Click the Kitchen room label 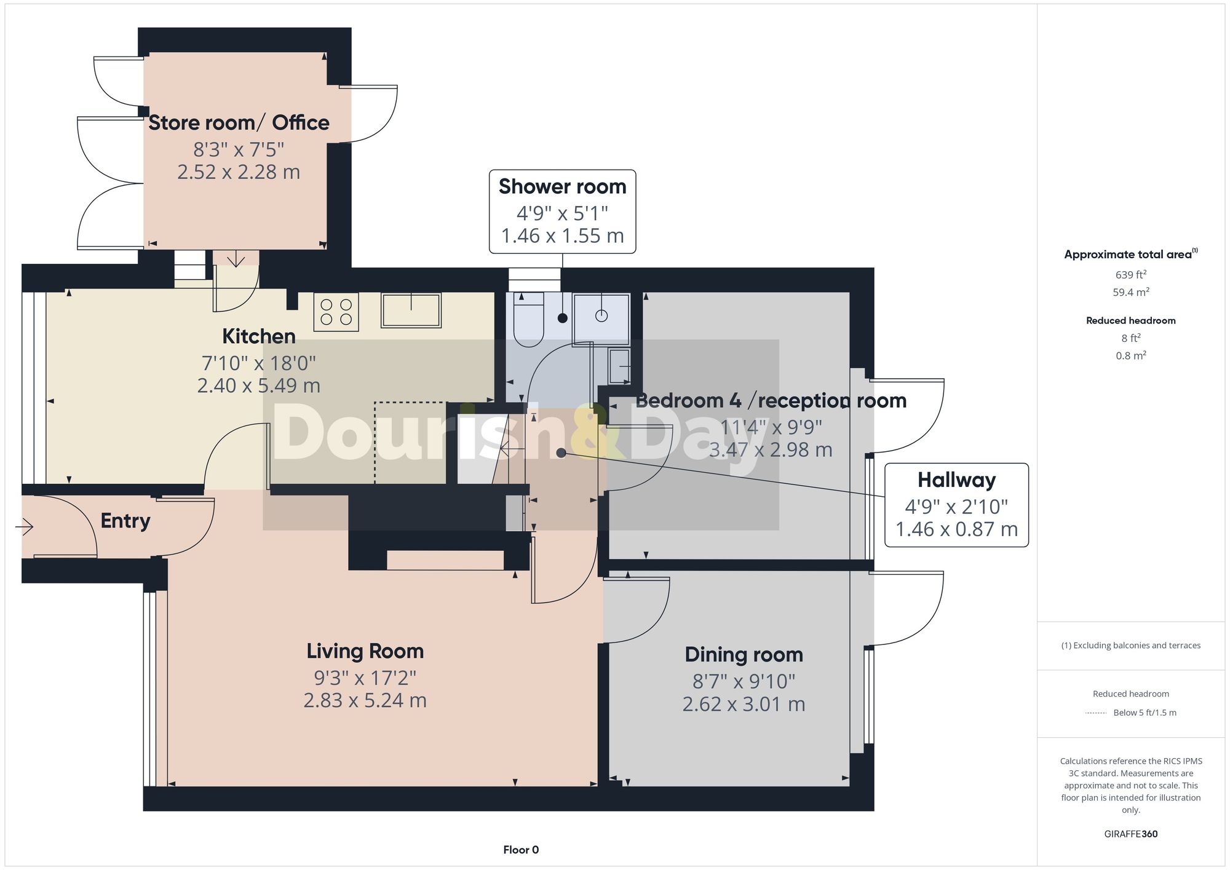[x=258, y=336]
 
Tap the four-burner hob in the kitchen [x=336, y=312]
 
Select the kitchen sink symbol [x=411, y=310]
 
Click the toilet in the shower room [x=528, y=320]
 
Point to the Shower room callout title [x=562, y=187]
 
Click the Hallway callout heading [x=956, y=480]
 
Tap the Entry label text [x=125, y=521]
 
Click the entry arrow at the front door [x=25, y=527]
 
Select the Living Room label [x=365, y=651]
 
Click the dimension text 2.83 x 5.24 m [x=365, y=700]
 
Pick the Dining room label [x=744, y=655]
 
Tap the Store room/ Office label [x=239, y=123]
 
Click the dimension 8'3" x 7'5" [x=239, y=149]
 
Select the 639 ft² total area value [x=1130, y=275]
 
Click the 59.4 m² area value [x=1130, y=292]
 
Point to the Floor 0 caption [x=520, y=850]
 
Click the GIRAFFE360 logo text [x=1130, y=834]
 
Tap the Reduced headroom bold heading [x=1130, y=320]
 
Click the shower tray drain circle [x=601, y=315]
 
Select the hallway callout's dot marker [x=561, y=453]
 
